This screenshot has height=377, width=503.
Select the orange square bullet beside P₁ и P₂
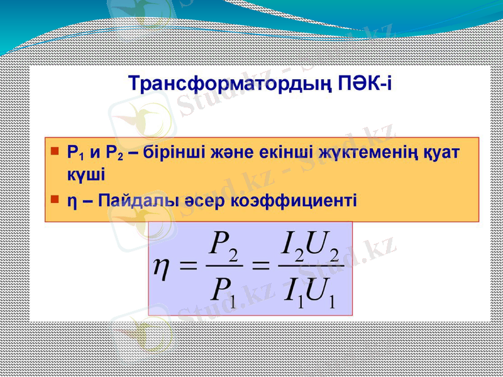(55, 151)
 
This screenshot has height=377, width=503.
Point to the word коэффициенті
(294, 201)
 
